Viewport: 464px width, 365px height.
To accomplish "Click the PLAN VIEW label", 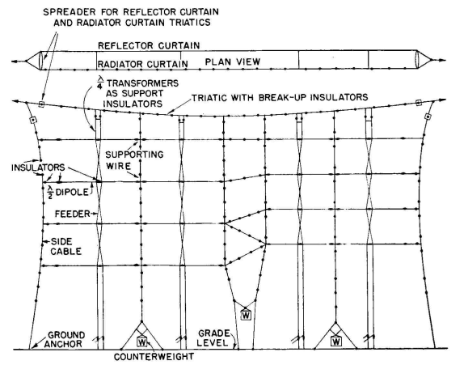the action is pyautogui.click(x=233, y=62).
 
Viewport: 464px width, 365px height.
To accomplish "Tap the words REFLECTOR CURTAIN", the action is pyautogui.click(x=149, y=45).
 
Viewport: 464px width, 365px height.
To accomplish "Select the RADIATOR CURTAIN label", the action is pyautogui.click(x=142, y=64).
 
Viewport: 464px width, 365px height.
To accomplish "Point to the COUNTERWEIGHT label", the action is pyautogui.click(x=154, y=356).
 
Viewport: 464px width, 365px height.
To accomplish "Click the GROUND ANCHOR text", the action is pyautogui.click(x=65, y=340).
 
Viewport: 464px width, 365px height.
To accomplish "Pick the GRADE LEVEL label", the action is pyautogui.click(x=213, y=338).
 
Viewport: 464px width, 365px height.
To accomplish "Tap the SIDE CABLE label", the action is pyautogui.click(x=65, y=247).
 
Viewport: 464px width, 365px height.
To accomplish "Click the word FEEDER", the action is pyautogui.click(x=73, y=214).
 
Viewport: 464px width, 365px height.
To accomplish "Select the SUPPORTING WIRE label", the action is pyautogui.click(x=134, y=160).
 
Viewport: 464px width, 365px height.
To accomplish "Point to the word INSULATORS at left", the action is pyautogui.click(x=38, y=168).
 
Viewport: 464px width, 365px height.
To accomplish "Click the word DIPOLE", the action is pyautogui.click(x=72, y=192).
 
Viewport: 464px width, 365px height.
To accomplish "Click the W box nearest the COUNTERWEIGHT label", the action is pyautogui.click(x=142, y=342).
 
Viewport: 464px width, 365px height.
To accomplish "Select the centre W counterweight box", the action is pyautogui.click(x=246, y=315).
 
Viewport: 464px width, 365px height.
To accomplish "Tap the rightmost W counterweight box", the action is pyautogui.click(x=335, y=342).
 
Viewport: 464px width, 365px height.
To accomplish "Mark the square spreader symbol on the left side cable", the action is pyautogui.click(x=33, y=120).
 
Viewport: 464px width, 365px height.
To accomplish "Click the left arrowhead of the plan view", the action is pyautogui.click(x=15, y=62).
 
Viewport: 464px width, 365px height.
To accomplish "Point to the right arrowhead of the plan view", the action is pyautogui.click(x=442, y=61).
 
